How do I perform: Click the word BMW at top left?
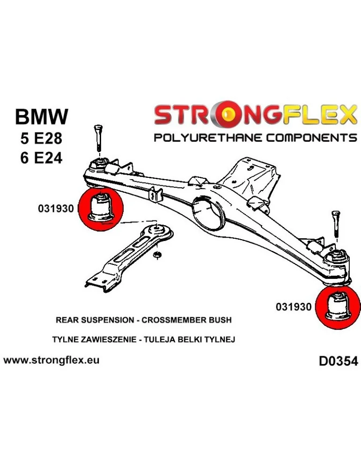[x=41, y=117]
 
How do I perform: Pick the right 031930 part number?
[x=294, y=307]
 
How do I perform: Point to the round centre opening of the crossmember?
[x=208, y=214]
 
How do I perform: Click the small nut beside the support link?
[x=158, y=255]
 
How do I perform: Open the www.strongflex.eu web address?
[x=51, y=361]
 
